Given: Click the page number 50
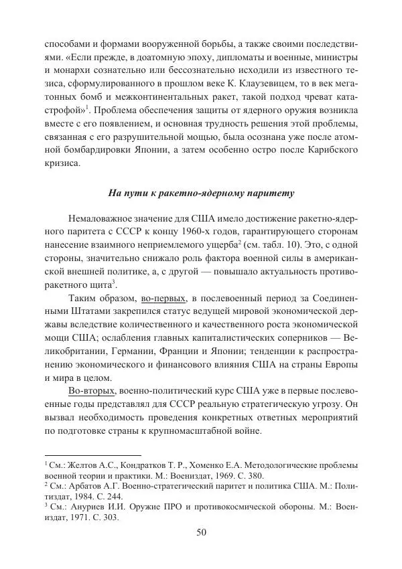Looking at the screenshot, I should [201, 533].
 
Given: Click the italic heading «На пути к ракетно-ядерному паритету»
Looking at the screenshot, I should [201, 193].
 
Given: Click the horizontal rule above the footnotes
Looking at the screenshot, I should [84, 453].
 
